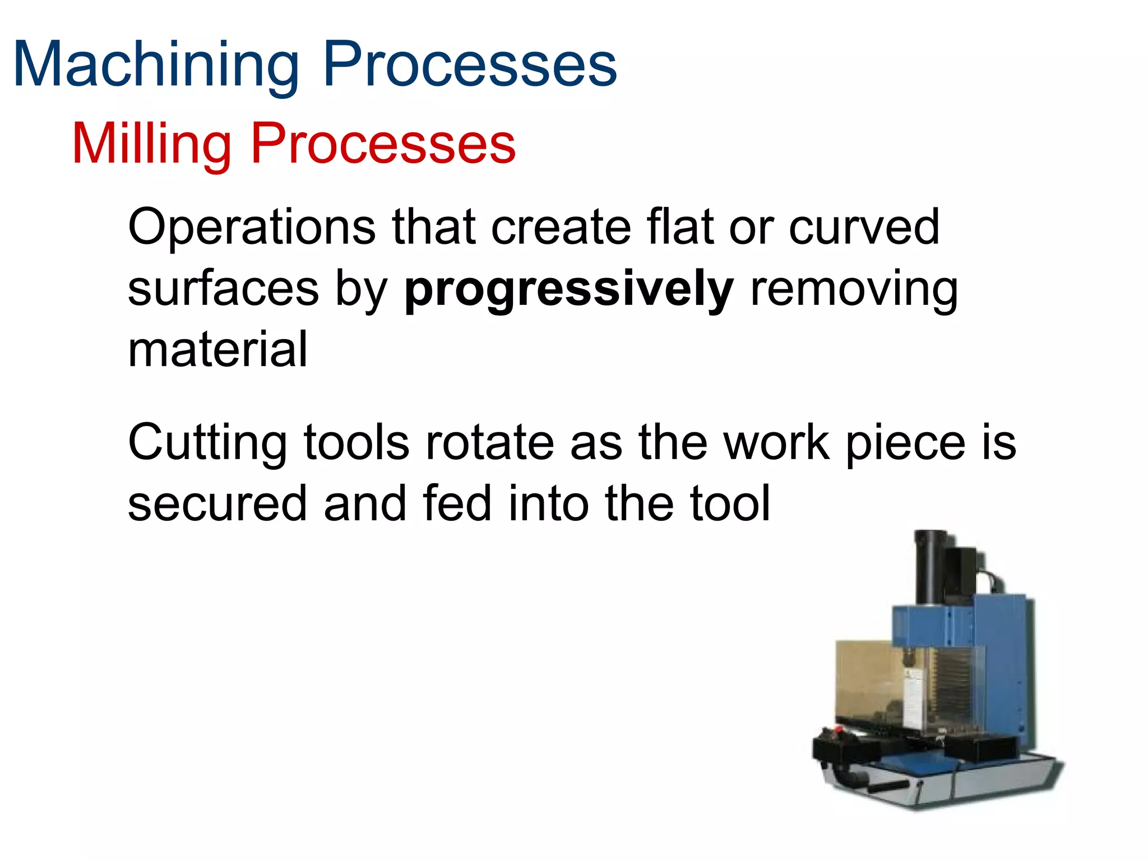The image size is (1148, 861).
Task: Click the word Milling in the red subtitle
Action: click(151, 144)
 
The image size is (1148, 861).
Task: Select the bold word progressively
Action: click(568, 290)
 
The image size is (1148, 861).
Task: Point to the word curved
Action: click(864, 227)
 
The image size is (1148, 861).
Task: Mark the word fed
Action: click(457, 503)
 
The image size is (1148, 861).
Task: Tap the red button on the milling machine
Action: click(839, 730)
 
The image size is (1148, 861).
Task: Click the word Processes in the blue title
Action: click(470, 64)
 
